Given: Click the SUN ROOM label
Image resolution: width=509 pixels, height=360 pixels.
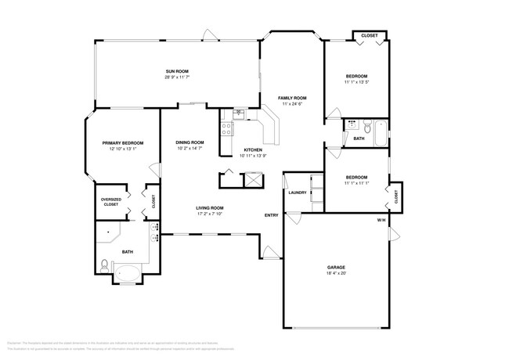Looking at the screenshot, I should point(176,70).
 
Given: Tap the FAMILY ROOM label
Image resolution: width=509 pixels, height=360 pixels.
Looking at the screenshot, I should point(291,97).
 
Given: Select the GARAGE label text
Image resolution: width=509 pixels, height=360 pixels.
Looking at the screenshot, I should point(335,268).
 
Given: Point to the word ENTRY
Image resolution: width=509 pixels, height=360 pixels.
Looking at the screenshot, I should point(271,215).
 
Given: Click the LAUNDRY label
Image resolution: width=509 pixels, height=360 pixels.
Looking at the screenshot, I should point(296,192).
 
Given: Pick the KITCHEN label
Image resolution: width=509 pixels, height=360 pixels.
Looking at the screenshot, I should point(252,149).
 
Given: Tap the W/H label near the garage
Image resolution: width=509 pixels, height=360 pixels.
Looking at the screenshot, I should point(381,221).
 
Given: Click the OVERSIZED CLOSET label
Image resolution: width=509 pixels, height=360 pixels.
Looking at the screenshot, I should point(111,203).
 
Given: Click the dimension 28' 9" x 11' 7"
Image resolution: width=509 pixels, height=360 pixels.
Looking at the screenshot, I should point(176,77).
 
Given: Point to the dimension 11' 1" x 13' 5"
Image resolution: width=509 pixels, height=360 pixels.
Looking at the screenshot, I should point(356,81).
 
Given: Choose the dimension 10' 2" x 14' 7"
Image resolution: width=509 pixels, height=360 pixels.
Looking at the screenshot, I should point(190,148).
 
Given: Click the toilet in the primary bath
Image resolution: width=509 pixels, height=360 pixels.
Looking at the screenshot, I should point(105,262).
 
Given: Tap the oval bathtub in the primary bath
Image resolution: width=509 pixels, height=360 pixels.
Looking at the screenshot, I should point(128,273).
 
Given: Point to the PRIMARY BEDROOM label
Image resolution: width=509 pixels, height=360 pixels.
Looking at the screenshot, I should point(123,142).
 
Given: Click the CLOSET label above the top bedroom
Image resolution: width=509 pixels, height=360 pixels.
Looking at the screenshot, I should point(369,36).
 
